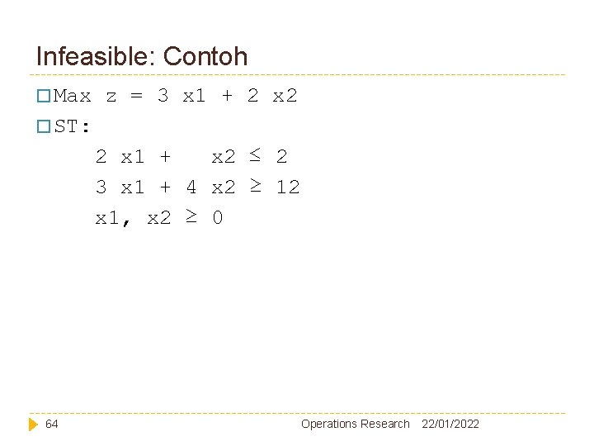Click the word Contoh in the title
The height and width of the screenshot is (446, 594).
coord(205,57)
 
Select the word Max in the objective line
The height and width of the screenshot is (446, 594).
coord(73,96)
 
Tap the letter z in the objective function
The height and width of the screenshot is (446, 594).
coord(111,96)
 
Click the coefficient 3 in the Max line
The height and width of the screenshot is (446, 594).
coord(163,96)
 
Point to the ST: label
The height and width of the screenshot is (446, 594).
coord(73,127)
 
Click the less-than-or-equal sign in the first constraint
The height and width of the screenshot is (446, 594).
coord(256,154)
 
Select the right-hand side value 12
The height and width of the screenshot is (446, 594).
coord(288,187)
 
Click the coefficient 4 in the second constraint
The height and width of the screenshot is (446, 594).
coord(191,187)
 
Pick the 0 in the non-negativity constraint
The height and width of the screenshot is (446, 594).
coord(217,218)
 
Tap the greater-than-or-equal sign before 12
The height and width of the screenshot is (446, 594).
coord(256,186)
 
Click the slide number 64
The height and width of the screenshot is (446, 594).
coord(52,424)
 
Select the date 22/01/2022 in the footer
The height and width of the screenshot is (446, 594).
coord(450,424)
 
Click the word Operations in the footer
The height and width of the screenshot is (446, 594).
coord(329,424)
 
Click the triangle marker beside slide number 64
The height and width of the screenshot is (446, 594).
coord(33,424)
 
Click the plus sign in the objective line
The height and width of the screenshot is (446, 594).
coord(227,96)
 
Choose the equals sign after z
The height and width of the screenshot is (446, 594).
coord(137,96)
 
